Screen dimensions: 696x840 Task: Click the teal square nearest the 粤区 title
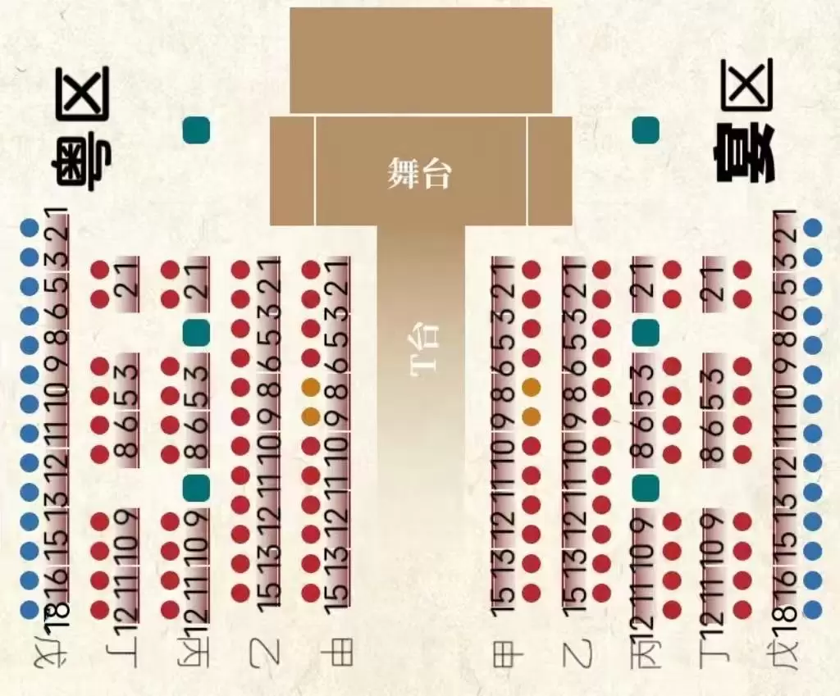coord(197,130)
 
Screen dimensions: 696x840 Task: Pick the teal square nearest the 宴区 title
coord(646,130)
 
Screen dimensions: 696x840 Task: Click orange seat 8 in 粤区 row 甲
coord(311,387)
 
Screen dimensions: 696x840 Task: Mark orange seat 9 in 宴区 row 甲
coord(531,416)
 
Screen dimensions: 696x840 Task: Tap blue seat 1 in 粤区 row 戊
coord(30,227)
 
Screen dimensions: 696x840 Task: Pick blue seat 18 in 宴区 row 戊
coord(813,610)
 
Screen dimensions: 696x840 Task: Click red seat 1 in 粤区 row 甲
coord(311,269)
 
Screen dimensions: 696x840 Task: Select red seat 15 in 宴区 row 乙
coord(601,592)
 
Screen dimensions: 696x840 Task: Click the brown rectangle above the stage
coord(420,60)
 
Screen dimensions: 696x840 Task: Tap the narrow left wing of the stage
coord(291,171)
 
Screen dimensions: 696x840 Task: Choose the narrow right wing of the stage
coord(550,171)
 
